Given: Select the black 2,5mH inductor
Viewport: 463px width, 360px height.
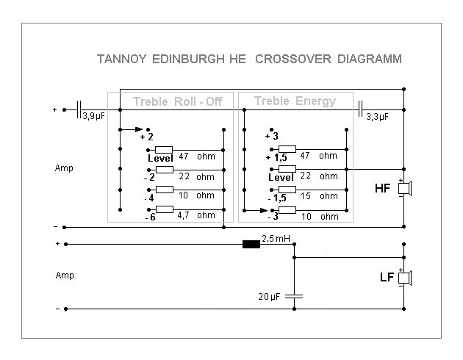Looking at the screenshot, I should [x=251, y=244].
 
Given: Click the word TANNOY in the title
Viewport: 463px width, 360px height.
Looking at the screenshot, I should [x=122, y=60].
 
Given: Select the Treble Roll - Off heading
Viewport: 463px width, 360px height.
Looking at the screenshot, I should [x=177, y=102].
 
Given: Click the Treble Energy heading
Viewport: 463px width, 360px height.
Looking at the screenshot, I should [x=294, y=101].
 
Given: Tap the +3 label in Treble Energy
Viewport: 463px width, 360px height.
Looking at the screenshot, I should [x=272, y=137].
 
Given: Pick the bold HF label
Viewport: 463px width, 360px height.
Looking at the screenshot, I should [x=383, y=189].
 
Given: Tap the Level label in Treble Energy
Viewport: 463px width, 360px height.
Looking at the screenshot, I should [x=280, y=177].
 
